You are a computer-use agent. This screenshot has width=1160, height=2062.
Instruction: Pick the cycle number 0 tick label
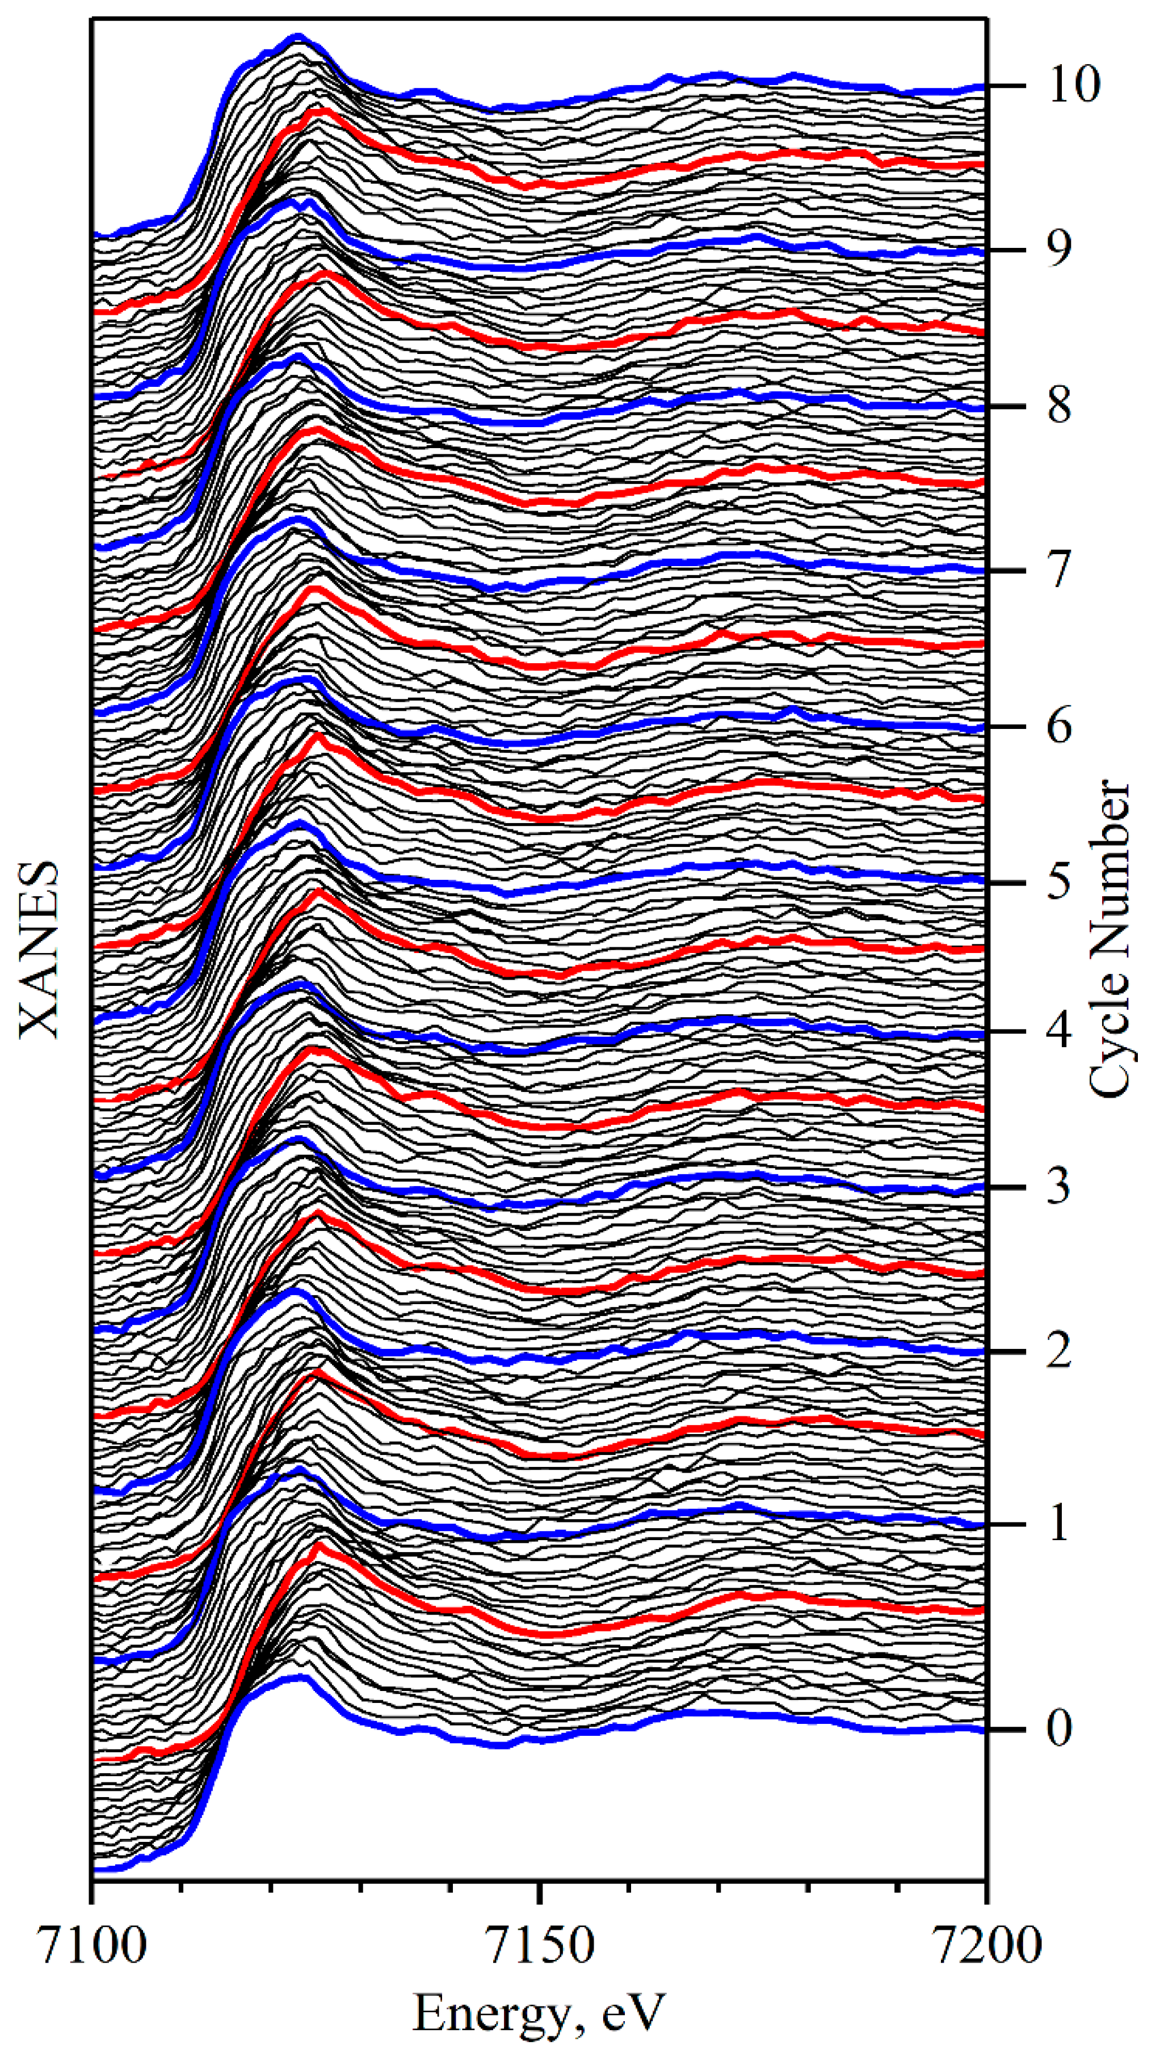[x=1058, y=1729]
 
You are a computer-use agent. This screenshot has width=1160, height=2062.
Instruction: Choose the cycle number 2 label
[x=1058, y=1351]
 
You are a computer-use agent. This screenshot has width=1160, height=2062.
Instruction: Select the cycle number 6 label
[x=1058, y=727]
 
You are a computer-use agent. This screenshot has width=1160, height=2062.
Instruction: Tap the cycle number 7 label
[x=1058, y=570]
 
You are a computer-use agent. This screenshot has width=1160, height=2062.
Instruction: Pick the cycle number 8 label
[x=1058, y=406]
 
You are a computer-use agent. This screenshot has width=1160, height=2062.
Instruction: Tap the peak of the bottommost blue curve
[x=302, y=1676]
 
